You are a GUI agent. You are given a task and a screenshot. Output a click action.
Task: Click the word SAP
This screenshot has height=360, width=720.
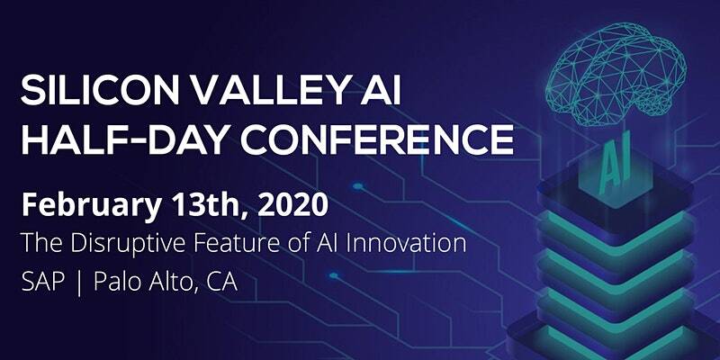point(41,282)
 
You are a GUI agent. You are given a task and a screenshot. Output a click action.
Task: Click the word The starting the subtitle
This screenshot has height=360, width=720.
point(40,244)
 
